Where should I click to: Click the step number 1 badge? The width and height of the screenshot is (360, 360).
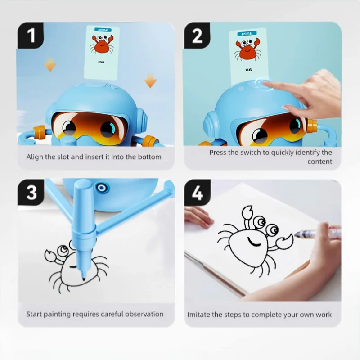31,36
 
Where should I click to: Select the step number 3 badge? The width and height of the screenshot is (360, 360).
31,192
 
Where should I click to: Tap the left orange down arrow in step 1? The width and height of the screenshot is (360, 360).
50,66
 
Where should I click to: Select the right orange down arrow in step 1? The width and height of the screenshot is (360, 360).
150,81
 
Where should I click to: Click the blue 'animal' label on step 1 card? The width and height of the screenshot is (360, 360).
102,30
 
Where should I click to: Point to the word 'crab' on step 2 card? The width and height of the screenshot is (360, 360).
249,69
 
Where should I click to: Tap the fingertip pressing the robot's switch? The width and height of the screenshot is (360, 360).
266,83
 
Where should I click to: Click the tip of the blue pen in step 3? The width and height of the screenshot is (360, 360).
83,280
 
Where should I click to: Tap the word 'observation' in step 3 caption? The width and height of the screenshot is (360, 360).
144,314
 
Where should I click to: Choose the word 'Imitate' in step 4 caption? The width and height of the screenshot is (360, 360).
199,314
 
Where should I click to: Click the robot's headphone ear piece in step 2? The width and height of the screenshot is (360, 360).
210,124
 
